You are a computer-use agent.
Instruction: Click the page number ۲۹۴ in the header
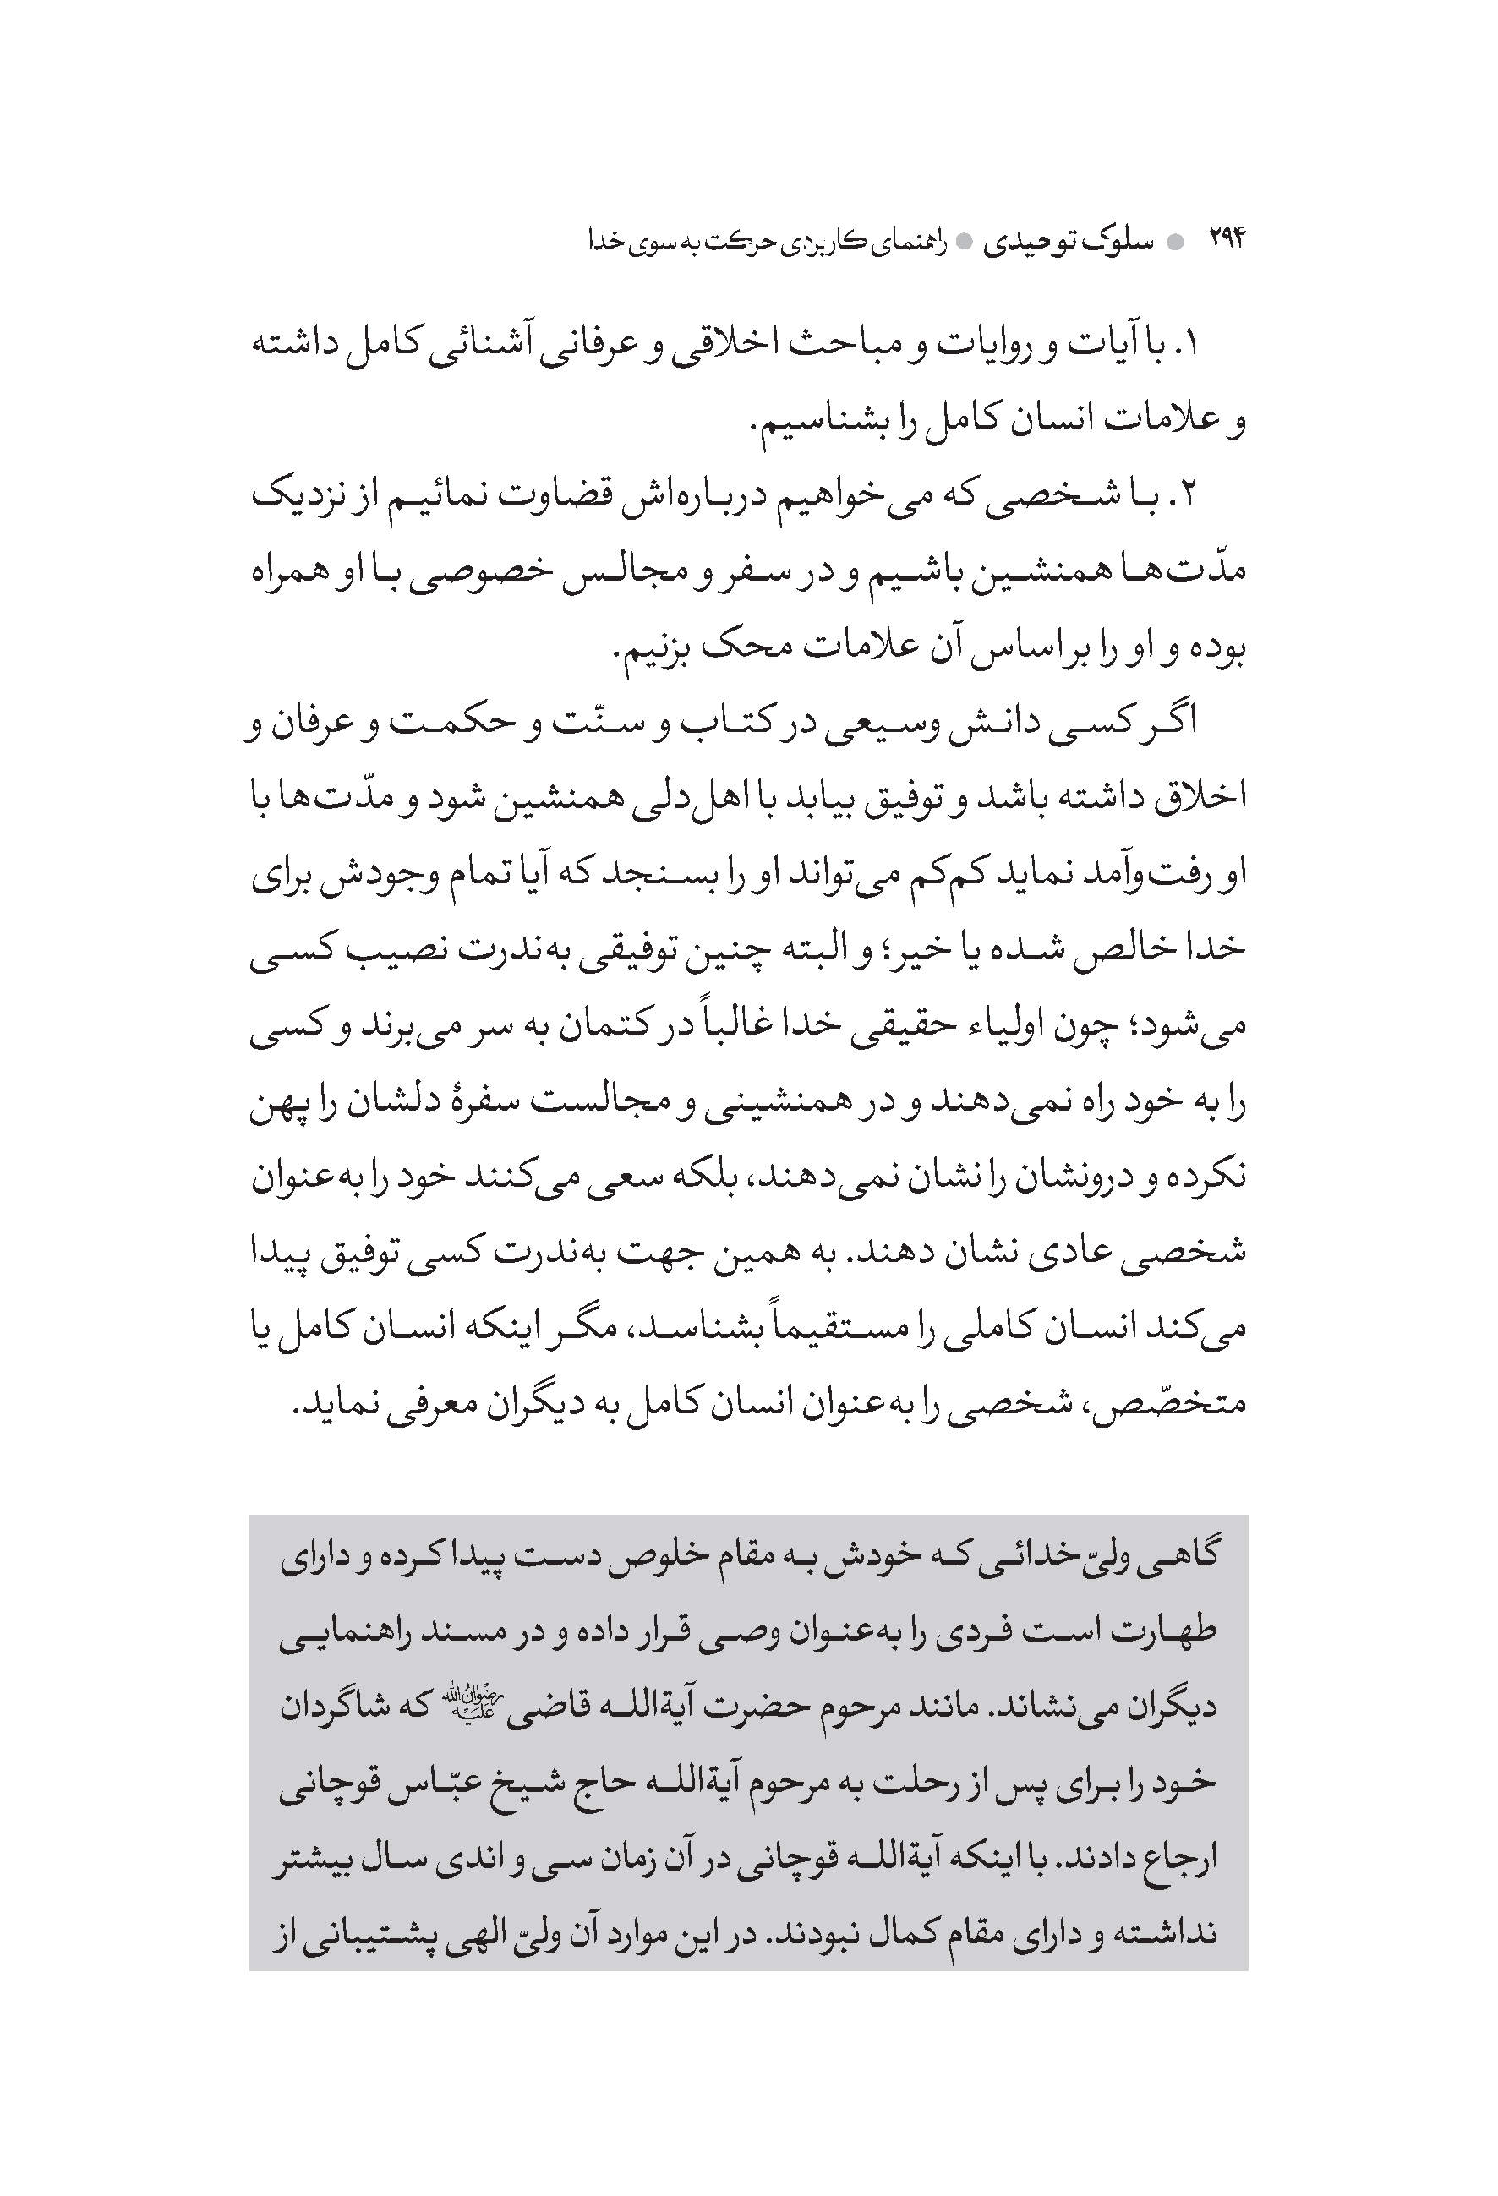tap(1227, 241)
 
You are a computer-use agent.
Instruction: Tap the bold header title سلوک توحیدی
tap(1069, 243)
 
